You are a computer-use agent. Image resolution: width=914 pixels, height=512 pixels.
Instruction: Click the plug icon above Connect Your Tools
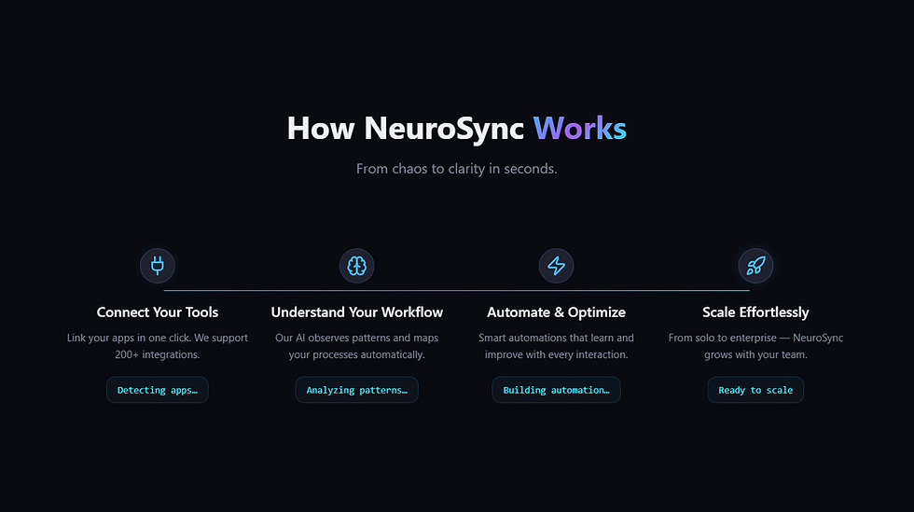(x=158, y=266)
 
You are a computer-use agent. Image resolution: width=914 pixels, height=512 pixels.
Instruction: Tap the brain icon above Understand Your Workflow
(x=356, y=266)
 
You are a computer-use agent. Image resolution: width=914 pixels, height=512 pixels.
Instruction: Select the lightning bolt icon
(x=556, y=266)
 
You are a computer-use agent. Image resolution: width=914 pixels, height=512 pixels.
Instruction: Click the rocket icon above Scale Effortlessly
(x=755, y=266)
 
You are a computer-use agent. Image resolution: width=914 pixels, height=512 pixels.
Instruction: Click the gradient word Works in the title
(x=579, y=128)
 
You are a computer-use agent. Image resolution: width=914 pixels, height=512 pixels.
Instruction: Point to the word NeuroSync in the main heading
(x=444, y=129)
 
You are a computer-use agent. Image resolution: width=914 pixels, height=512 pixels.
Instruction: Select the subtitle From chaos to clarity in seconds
(x=456, y=169)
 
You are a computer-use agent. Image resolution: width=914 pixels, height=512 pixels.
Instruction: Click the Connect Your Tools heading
(x=158, y=312)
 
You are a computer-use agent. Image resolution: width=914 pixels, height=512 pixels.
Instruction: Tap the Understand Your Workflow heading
(x=356, y=312)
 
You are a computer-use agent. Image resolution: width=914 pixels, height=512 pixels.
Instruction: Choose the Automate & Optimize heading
(x=556, y=312)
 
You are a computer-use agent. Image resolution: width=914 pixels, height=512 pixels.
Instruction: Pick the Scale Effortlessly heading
(x=755, y=312)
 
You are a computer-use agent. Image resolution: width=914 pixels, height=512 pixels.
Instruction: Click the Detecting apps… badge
(x=158, y=390)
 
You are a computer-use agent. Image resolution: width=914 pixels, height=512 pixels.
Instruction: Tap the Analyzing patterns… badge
(x=356, y=390)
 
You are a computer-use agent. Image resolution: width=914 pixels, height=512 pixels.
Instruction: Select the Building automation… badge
(x=556, y=390)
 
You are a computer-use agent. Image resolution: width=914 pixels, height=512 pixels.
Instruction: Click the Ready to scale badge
(x=755, y=390)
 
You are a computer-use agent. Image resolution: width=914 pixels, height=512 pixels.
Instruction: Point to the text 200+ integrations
(x=158, y=354)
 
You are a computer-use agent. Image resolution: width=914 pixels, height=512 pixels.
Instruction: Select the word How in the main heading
(x=321, y=128)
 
